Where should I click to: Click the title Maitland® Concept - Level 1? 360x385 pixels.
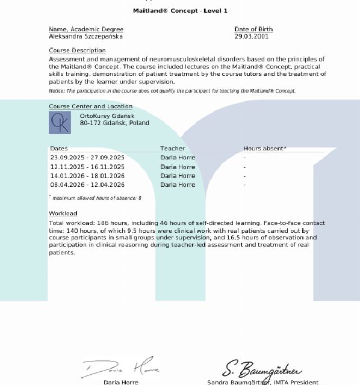click(180, 11)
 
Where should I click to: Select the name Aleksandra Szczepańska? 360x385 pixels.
click(85, 37)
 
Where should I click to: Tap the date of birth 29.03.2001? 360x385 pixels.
click(251, 37)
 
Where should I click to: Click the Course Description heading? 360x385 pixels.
click(77, 51)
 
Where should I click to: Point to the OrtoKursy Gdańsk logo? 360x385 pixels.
click(60, 123)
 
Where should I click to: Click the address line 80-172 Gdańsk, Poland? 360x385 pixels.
click(114, 123)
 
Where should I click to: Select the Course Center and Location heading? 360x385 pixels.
click(90, 106)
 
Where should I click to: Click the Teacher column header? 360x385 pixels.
click(172, 149)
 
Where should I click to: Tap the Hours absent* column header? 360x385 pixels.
click(265, 149)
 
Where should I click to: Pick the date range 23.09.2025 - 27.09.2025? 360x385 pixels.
click(87, 158)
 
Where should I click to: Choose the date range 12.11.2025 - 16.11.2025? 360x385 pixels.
click(87, 167)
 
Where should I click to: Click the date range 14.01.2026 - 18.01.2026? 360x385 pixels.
click(87, 176)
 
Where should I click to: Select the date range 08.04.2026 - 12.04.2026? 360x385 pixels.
click(87, 185)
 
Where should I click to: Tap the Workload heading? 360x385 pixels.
click(63, 214)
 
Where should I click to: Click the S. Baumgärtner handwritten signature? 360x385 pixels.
click(262, 368)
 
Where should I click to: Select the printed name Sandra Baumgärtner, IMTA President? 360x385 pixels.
click(262, 382)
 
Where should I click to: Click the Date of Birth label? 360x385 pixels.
click(253, 29)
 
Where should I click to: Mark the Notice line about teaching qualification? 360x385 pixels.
click(172, 91)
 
